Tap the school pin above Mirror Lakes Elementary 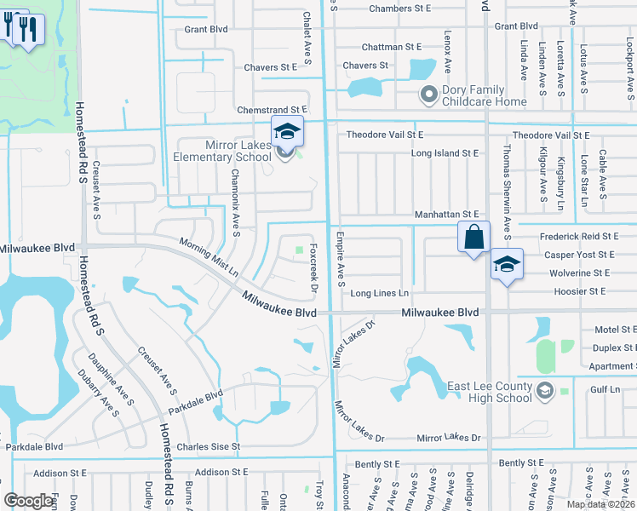pos(287,132)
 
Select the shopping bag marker pos(473,236)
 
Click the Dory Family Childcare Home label pos(485,95)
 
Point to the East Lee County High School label pos(490,393)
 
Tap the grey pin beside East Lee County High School pos(545,391)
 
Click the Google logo pos(29,501)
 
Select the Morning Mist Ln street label pos(209,256)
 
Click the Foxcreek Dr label pos(314,266)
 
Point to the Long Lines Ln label pos(380,293)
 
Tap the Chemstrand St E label pos(271,110)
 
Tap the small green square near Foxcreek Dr pos(299,250)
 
